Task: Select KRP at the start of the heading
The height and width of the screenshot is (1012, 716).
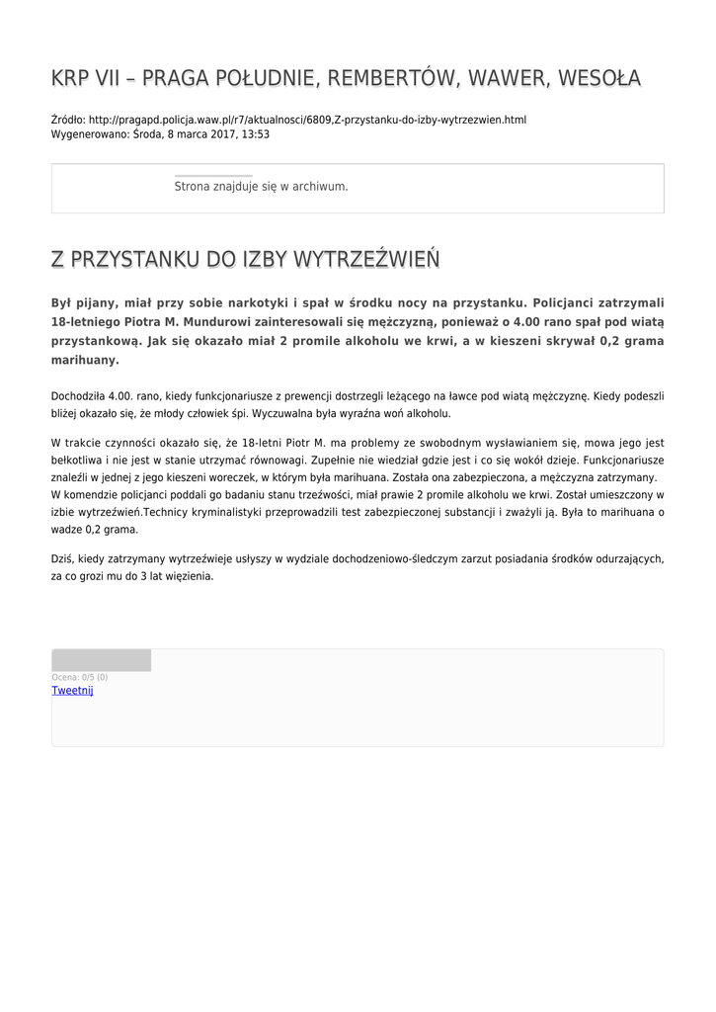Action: coord(71,78)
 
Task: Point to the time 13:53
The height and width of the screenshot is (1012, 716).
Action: coord(256,134)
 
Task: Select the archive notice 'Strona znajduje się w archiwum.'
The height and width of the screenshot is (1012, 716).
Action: coord(261,186)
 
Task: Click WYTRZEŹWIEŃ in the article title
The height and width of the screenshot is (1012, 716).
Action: coord(365,260)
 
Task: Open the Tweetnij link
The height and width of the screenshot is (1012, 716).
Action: coord(72,691)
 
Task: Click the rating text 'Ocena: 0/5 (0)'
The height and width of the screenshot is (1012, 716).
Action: coord(80,677)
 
